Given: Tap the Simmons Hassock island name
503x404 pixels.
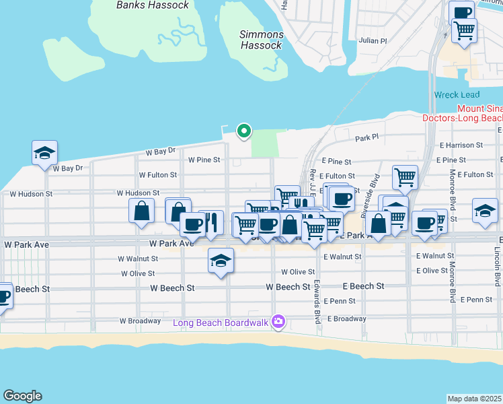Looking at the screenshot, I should click(x=262, y=40).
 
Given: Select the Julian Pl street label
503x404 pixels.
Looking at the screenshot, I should click(x=373, y=41).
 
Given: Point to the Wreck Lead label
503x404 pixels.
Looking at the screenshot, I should click(x=455, y=95).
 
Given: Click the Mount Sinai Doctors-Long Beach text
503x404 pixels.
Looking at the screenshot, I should click(x=462, y=113).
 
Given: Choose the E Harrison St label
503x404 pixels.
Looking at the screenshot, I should click(x=461, y=145).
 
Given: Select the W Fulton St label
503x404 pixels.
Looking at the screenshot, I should click(x=157, y=174).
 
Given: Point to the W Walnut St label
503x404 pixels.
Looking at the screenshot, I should click(x=138, y=259).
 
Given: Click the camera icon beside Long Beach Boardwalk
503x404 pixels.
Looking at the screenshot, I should click(x=277, y=323).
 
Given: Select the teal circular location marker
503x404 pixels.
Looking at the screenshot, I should click(x=245, y=131).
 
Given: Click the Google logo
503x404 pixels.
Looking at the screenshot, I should click(x=22, y=396).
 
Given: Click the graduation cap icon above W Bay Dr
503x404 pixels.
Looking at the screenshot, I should click(x=44, y=152).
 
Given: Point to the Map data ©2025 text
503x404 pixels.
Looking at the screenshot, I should click(x=475, y=399).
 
